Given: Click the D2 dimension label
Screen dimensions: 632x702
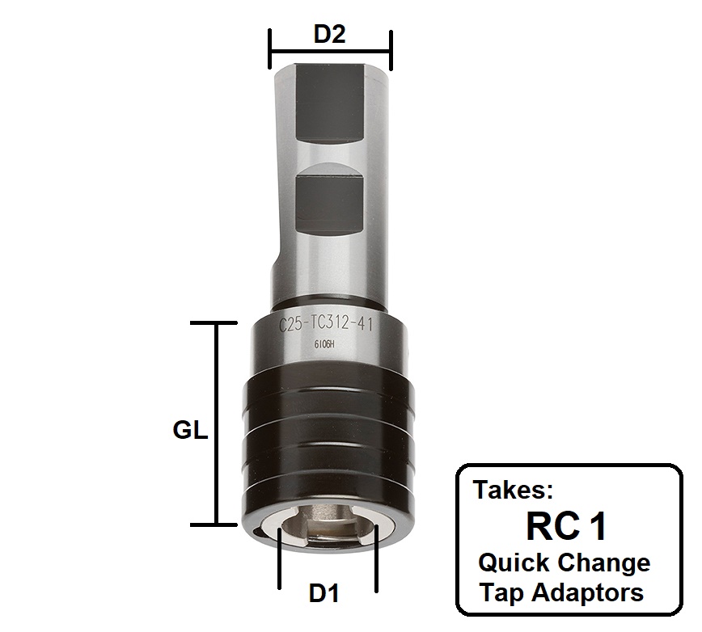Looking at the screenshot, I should coord(330,36).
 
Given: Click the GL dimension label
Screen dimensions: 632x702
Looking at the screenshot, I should coord(190,430).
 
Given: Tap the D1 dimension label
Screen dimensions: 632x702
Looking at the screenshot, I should coord(324,594).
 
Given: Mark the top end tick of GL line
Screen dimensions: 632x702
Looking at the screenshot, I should coord(216,323).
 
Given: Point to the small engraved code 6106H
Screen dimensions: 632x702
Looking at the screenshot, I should coord(324,343).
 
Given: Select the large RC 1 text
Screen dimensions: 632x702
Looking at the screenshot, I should coord(566,526).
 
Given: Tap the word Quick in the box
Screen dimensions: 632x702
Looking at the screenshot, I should coord(516,562).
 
